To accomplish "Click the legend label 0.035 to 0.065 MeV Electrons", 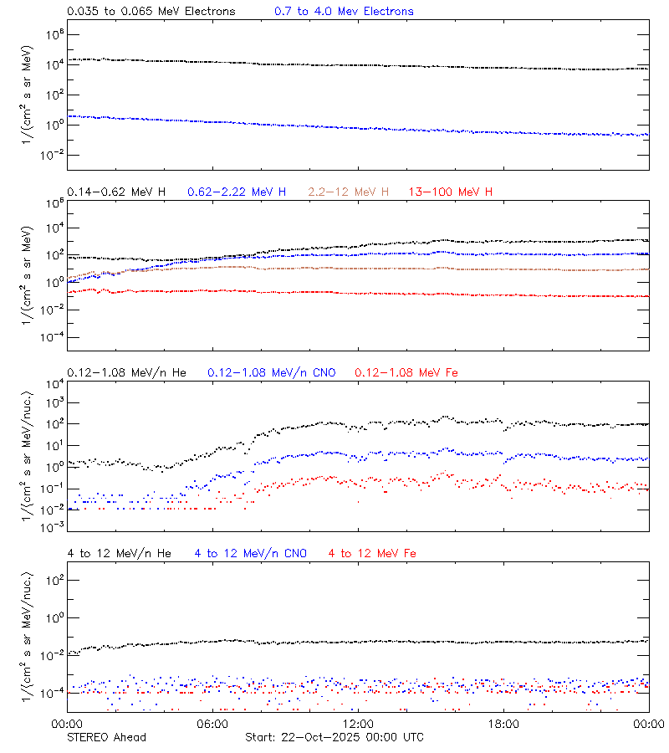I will pyautogui.click(x=151, y=12).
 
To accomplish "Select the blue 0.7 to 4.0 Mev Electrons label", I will pyautogui.click(x=344, y=12).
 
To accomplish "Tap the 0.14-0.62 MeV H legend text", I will pyautogui.click(x=116, y=192).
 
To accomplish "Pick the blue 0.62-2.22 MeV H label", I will pyautogui.click(x=237, y=192).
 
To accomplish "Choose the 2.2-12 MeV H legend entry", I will pyautogui.click(x=350, y=192).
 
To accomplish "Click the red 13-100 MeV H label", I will pyautogui.click(x=451, y=192).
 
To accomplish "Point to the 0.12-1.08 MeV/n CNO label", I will pyautogui.click(x=272, y=372).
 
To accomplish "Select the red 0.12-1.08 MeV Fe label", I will pyautogui.click(x=406, y=372).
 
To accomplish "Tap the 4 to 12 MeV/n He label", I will pyautogui.click(x=119, y=554).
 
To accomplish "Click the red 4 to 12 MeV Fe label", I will pyautogui.click(x=372, y=554).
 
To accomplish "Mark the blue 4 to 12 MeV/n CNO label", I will pyautogui.click(x=251, y=554).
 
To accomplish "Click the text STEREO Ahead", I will pyautogui.click(x=106, y=737).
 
